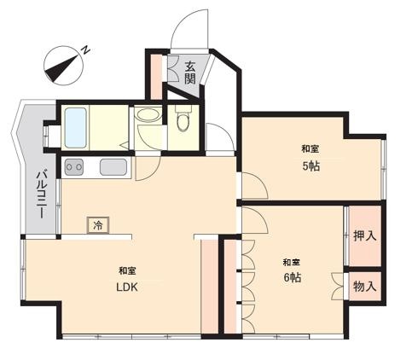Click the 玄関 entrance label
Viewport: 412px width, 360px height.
click(x=190, y=73)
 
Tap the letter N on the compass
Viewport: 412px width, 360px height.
click(x=86, y=50)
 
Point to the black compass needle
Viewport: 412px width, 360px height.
click(x=61, y=67)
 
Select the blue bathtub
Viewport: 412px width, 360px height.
click(x=75, y=128)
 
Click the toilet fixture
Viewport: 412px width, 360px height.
click(x=183, y=119)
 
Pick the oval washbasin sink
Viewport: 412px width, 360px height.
click(x=148, y=115)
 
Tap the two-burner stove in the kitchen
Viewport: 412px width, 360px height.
click(x=74, y=167)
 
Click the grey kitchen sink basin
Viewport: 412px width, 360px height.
click(x=113, y=167)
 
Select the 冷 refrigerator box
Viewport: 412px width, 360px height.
click(x=98, y=225)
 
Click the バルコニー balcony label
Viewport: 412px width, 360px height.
click(x=42, y=195)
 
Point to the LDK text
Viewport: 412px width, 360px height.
click(x=127, y=287)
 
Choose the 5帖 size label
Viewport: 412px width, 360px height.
click(x=310, y=166)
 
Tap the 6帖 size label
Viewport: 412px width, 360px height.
click(x=293, y=277)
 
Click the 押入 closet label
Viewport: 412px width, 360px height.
click(x=365, y=235)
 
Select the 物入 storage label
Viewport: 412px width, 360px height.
click(x=365, y=286)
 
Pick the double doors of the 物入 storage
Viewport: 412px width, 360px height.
click(x=338, y=286)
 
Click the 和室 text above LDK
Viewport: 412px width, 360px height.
click(x=127, y=270)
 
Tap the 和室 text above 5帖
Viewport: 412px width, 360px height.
click(x=310, y=148)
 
